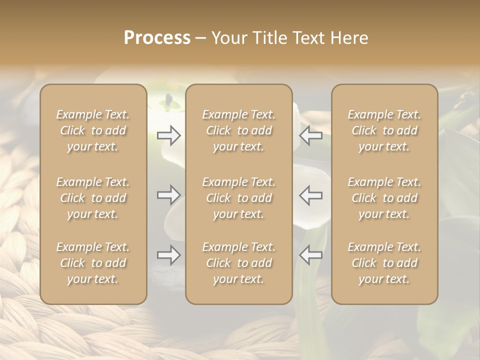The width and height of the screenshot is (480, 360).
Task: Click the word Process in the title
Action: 157,38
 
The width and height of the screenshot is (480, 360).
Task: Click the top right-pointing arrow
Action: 169,135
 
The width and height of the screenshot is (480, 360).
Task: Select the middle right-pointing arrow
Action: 169,195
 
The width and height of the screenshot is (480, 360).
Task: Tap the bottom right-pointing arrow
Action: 169,255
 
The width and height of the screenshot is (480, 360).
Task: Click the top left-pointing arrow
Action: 310,135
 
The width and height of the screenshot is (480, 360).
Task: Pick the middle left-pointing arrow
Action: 310,195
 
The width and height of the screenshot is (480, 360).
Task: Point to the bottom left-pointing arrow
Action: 310,255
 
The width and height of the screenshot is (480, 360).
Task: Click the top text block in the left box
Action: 93,130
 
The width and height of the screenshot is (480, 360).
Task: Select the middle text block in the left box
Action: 93,198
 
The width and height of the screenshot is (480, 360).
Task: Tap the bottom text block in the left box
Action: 93,263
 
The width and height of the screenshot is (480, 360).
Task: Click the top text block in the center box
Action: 238,130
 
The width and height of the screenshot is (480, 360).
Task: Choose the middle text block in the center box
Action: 238,198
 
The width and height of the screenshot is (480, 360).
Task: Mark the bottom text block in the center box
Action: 238,263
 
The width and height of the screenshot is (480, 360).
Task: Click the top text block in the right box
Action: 384,130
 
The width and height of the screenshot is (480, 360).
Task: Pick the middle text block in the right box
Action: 384,198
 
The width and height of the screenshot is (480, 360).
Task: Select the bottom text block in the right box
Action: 384,263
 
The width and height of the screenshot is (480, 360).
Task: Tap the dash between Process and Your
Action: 200,39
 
